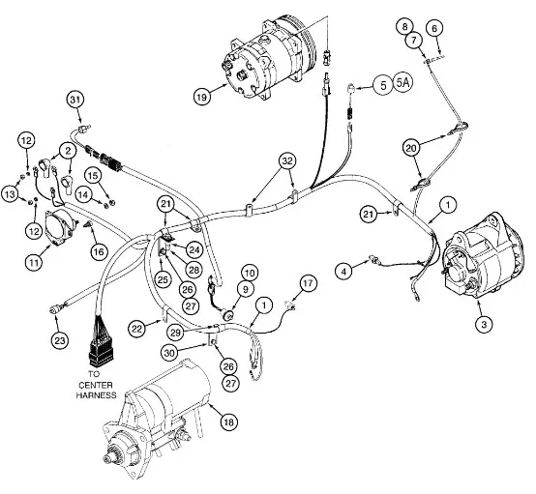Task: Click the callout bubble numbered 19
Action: click(x=202, y=97)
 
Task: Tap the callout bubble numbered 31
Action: click(x=75, y=100)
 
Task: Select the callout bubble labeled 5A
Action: click(x=403, y=83)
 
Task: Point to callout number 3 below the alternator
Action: click(x=484, y=324)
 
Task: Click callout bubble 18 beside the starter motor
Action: click(x=228, y=422)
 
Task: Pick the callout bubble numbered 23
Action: click(x=60, y=340)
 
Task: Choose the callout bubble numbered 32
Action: click(x=287, y=160)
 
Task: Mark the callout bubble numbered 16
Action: click(x=99, y=251)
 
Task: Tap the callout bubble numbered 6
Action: click(x=434, y=28)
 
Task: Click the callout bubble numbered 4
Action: click(x=343, y=272)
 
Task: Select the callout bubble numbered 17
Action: click(x=308, y=283)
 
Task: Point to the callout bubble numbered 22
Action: click(x=137, y=329)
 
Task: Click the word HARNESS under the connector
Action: click(x=96, y=395)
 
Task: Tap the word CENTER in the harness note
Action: click(x=96, y=385)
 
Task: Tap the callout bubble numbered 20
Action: click(x=411, y=148)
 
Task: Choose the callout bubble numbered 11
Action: click(x=34, y=262)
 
